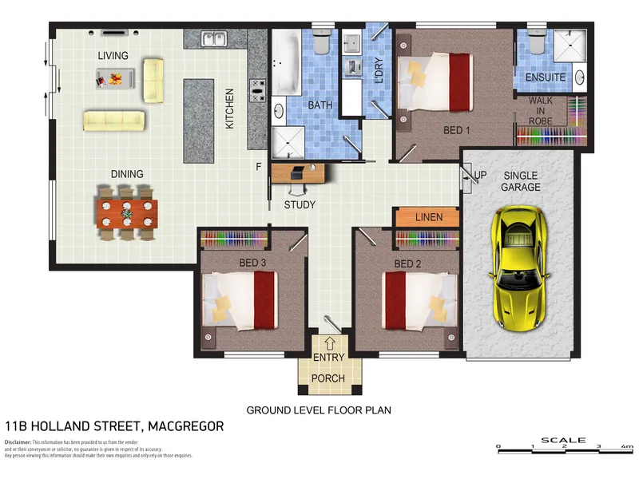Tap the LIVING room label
pyautogui.click(x=113, y=56)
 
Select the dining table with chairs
pyautogui.click(x=127, y=213)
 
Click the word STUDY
pyautogui.click(x=300, y=205)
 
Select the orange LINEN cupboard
pyautogui.click(x=427, y=216)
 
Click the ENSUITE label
pyautogui.click(x=546, y=77)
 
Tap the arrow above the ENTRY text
pyautogui.click(x=328, y=344)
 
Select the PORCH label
pyautogui.click(x=328, y=378)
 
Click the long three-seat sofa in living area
pyautogui.click(x=114, y=121)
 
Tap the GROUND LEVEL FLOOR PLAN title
pyautogui.click(x=318, y=410)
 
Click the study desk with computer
pyautogui.click(x=299, y=172)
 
